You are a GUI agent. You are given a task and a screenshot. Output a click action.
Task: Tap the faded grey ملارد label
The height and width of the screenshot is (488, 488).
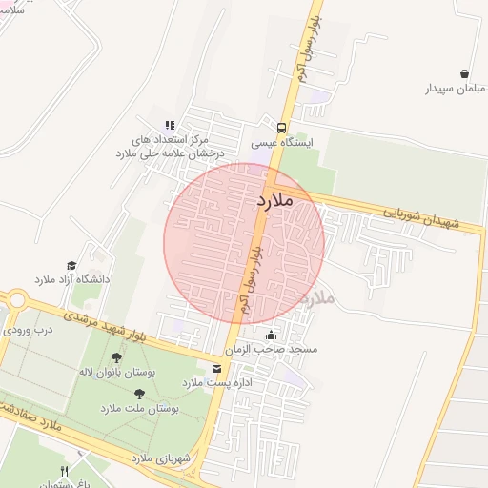[x=317, y=298]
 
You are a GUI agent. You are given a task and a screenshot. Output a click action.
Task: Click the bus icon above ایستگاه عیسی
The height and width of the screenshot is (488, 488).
[x=281, y=127]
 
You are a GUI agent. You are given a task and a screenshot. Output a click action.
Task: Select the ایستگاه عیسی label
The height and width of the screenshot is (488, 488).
[x=281, y=143]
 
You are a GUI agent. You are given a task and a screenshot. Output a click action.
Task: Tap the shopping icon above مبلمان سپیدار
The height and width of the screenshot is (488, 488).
[x=464, y=73]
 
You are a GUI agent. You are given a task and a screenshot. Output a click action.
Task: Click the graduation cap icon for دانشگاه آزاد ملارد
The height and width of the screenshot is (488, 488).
[x=71, y=265]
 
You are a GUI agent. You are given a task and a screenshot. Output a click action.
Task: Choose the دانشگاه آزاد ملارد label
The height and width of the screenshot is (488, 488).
[x=72, y=280]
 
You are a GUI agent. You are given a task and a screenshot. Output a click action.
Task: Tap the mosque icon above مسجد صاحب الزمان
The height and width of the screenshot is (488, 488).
[x=272, y=335]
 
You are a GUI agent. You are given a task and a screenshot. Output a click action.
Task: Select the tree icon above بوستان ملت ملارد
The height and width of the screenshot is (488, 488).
[x=139, y=392]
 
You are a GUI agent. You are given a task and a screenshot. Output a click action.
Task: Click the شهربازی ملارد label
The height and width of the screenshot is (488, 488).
[x=155, y=458]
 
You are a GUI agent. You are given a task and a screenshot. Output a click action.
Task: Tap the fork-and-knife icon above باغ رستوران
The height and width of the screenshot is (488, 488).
[x=65, y=471]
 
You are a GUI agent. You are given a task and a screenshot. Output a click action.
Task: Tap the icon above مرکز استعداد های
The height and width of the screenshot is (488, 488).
[x=171, y=125]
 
